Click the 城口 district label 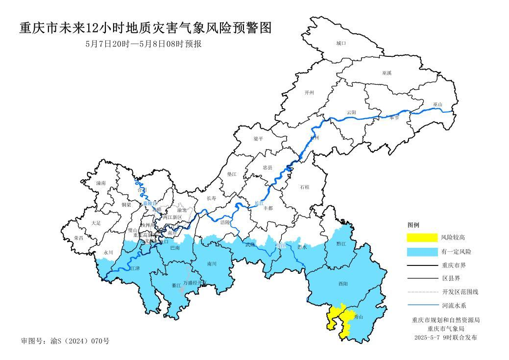(341, 44)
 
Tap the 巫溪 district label (387, 73)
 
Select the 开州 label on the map (309, 93)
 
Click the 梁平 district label (258, 139)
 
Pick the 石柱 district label (304, 187)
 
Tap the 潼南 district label (101, 183)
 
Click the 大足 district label (96, 223)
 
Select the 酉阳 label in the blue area (342, 284)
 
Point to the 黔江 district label (341, 243)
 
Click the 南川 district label (212, 264)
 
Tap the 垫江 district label (232, 174)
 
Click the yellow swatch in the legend (422, 238)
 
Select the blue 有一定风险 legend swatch (422, 252)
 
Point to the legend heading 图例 (413, 225)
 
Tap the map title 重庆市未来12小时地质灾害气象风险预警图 (145, 28)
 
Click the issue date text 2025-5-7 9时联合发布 (445, 337)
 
